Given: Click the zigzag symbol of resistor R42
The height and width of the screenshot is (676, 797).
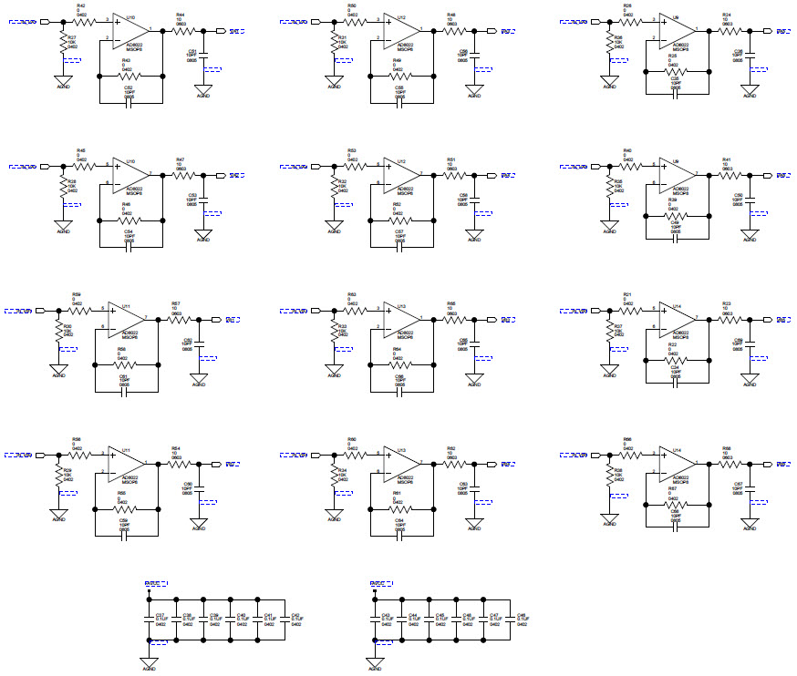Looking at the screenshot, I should pos(85,20).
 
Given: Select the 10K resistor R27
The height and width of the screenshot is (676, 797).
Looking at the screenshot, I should pos(63,44).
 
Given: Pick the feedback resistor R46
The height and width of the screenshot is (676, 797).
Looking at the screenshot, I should pos(129,220).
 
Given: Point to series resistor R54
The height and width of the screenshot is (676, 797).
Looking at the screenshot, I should pos(179,464).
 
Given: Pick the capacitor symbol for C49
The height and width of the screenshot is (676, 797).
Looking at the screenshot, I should pos(676,238).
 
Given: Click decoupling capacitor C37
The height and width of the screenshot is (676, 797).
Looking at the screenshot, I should pos(148,619).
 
